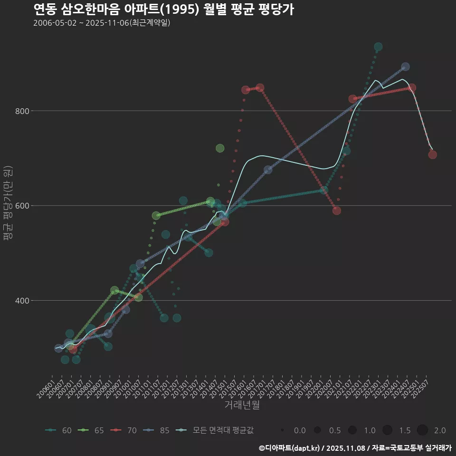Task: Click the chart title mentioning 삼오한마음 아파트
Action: pyautogui.click(x=163, y=9)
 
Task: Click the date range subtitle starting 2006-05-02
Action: pyautogui.click(x=102, y=23)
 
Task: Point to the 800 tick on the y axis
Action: pyautogui.click(x=22, y=111)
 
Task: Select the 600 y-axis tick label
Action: pyautogui.click(x=22, y=206)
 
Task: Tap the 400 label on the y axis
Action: pyautogui.click(x=22, y=301)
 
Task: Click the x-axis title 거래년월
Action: pyautogui.click(x=242, y=405)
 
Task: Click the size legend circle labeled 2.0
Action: pyautogui.click(x=423, y=430)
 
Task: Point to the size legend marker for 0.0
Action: pyautogui.click(x=283, y=430)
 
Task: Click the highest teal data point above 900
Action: pyautogui.click(x=378, y=47)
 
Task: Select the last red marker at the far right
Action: pyautogui.click(x=432, y=154)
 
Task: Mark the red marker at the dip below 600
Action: pyautogui.click(x=337, y=210)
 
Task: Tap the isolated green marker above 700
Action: pyautogui.click(x=220, y=148)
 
